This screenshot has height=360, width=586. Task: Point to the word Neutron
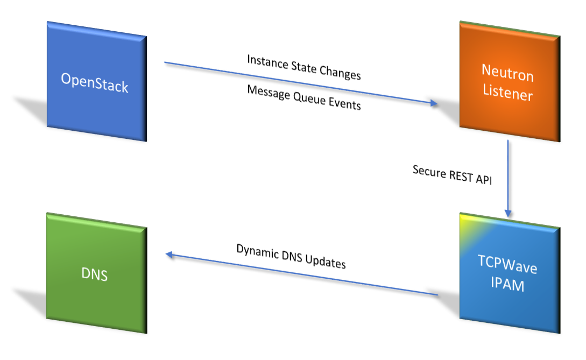click(507, 72)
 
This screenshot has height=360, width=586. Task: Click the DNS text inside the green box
click(95, 274)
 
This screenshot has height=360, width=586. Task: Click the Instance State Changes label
click(303, 67)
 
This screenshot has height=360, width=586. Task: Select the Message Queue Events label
click(303, 97)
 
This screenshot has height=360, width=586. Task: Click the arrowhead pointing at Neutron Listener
click(435, 103)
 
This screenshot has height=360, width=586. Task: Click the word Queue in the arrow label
click(305, 98)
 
